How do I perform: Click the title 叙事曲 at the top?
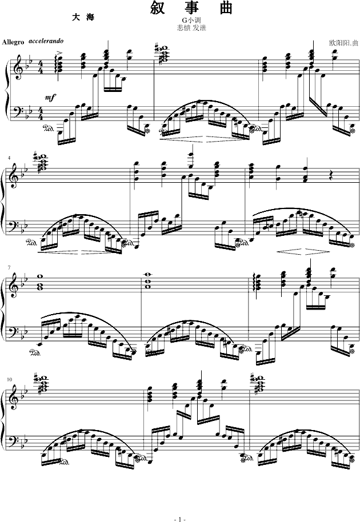coord(191,8)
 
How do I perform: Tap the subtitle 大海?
coord(83,18)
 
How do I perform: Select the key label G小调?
coord(191,21)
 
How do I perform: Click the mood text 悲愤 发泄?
coord(191,28)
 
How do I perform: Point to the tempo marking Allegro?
coord(13,42)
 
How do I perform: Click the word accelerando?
coord(46,41)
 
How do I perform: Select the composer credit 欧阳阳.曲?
coord(343,43)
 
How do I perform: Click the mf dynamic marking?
coord(50,97)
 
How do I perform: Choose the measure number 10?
coord(9,379)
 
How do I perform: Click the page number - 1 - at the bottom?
coord(180,519)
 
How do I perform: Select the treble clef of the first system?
coord(13,69)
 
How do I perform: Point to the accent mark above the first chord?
coord(59,53)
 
